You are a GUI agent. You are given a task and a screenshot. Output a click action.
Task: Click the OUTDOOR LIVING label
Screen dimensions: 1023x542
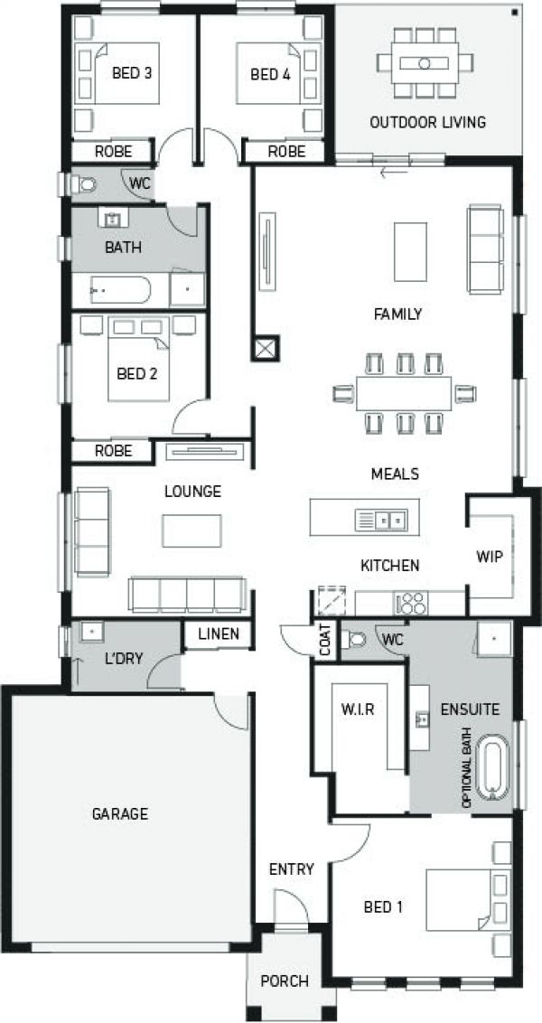point(427,122)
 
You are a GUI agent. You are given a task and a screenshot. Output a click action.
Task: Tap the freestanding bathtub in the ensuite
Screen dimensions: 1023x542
point(492,768)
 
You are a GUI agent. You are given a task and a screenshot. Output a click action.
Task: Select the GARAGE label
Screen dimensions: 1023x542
point(119,813)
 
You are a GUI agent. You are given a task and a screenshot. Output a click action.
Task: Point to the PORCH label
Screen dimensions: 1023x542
point(285,981)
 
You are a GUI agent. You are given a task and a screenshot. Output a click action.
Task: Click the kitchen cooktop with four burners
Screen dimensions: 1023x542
point(413,603)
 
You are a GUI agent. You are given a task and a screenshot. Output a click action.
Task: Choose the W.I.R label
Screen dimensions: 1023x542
point(358,709)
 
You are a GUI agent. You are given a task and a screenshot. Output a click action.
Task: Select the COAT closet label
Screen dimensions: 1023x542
point(325,639)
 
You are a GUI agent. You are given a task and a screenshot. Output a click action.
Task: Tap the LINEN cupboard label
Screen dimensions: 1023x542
point(218,634)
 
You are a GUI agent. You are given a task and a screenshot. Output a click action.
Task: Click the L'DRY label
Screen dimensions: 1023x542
point(124,659)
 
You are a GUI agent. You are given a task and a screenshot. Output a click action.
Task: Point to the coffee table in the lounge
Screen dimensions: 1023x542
point(192,530)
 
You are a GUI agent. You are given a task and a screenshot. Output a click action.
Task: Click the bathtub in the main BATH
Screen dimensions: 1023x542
point(120,291)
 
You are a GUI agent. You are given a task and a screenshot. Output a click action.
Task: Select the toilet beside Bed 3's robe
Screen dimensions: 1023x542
point(85,184)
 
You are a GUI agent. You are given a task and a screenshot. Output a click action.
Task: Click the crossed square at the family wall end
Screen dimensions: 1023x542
point(267,348)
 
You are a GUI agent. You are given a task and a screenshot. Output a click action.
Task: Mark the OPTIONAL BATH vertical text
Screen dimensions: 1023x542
point(467,768)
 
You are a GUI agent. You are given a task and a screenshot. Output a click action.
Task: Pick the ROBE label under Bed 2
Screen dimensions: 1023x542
point(114,450)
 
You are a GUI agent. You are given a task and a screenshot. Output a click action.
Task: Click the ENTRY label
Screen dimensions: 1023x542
point(291,869)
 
